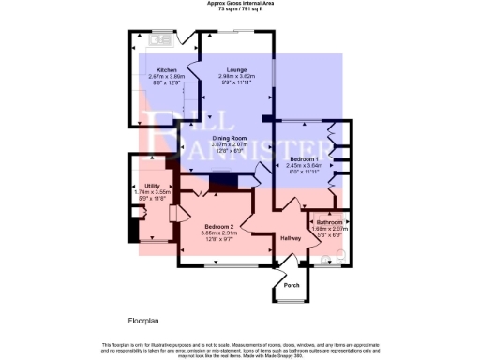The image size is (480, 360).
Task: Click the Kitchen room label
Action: click(167, 70)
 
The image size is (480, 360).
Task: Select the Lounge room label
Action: click(236, 70)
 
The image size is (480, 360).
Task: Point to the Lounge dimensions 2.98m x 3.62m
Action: click(236, 76)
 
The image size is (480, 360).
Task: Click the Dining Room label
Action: click(229, 139)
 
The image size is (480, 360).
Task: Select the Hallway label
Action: click(291, 239)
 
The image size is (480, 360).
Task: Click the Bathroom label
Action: click(330, 222)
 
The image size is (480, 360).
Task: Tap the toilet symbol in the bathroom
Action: click(340, 254)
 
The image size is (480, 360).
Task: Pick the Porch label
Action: click(292, 285)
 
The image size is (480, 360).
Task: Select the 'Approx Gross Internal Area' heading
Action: click(240, 3)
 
